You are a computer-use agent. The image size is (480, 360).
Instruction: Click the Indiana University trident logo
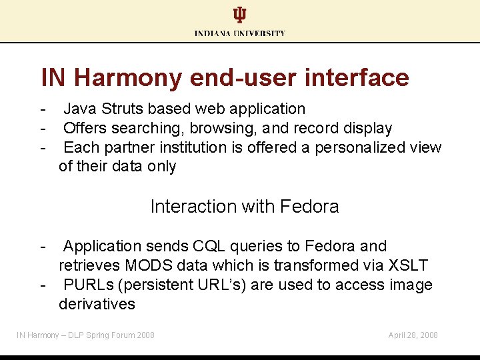tap(239, 15)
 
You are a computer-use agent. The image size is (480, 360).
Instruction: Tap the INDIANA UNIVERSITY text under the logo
tap(240, 33)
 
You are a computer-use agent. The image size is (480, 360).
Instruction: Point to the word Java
tap(79, 109)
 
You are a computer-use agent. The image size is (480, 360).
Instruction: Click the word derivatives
tap(97, 304)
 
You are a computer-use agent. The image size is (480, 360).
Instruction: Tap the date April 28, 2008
tap(413, 335)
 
